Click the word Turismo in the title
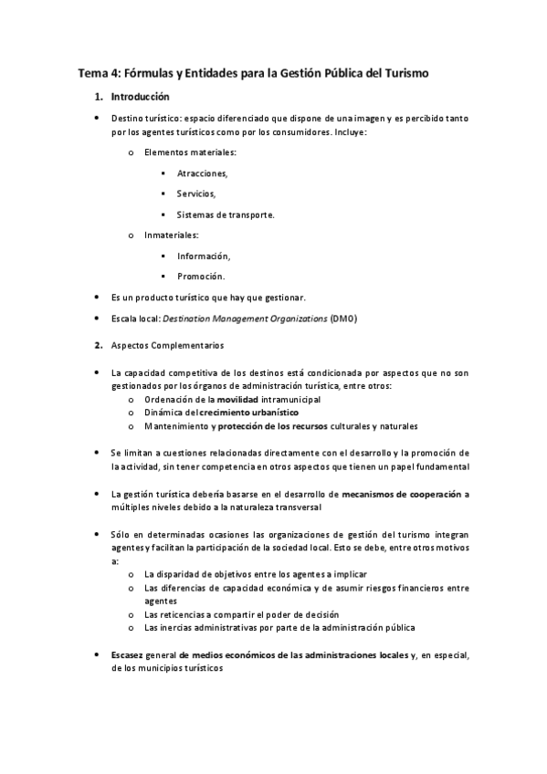pos(398,71)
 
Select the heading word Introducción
pos(140,96)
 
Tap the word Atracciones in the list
pos(202,173)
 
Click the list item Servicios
pos(196,193)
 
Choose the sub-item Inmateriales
pos(171,235)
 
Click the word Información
pos(204,256)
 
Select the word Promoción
pos(201,276)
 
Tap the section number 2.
pos(99,346)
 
